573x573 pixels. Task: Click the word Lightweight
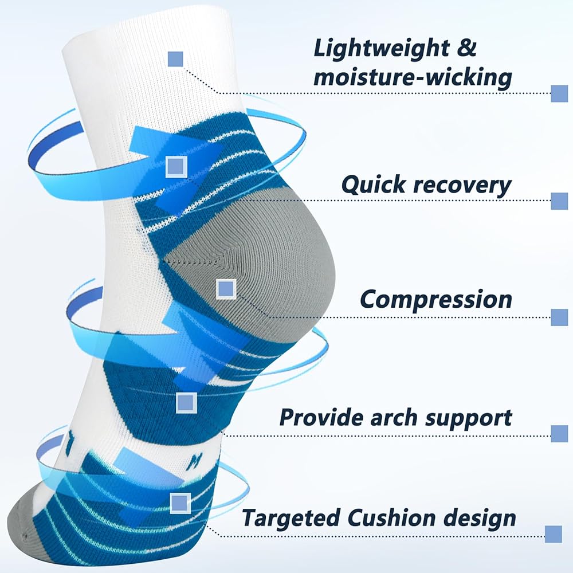tap(381, 49)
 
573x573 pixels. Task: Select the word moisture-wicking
tap(413, 77)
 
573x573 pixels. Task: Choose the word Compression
tap(436, 300)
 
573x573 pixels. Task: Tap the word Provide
tap(321, 417)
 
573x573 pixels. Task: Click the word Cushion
tap(391, 518)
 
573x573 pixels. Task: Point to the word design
tap(479, 519)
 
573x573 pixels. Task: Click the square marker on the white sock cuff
tap(175, 59)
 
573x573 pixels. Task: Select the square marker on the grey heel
tap(226, 289)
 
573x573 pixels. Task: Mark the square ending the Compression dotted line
tap(559, 317)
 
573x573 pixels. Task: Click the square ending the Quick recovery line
tap(559, 201)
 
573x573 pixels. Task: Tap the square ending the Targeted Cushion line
tap(554, 534)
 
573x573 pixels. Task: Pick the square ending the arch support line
tap(559, 434)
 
